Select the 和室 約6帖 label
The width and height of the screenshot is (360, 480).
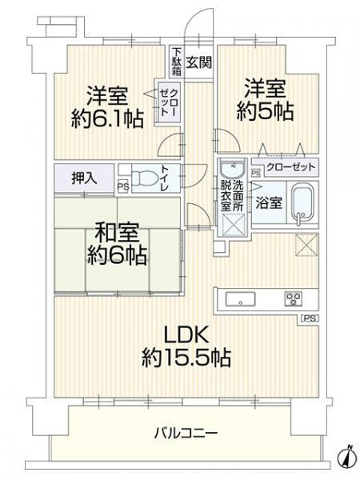click(x=118, y=245)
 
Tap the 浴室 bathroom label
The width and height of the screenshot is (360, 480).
click(x=268, y=203)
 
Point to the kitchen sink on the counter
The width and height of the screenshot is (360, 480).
click(x=240, y=300)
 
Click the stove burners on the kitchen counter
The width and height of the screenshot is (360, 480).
click(x=294, y=300)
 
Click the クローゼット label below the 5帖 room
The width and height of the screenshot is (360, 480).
click(x=290, y=169)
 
